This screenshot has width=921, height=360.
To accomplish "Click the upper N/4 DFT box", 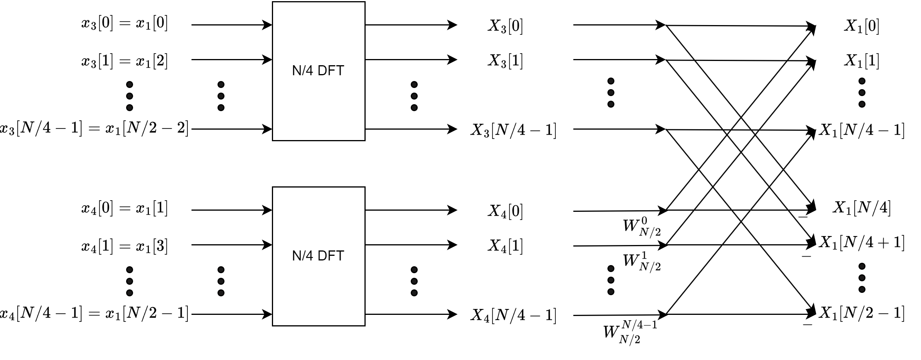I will pos(318,71).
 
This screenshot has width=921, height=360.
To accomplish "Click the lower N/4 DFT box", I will pos(318,256).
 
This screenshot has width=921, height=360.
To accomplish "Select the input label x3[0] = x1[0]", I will pos(125,24).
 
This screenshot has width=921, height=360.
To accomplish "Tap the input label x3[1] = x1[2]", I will pos(125,61).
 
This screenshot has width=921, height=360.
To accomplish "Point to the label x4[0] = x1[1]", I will pos(125,209).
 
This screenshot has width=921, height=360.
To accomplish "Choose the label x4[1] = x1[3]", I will pos(125,246).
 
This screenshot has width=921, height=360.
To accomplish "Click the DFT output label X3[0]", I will pos(505,26).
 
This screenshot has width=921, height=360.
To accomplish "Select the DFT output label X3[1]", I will pos(505,61).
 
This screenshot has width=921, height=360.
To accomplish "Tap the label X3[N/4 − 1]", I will pos(513,130).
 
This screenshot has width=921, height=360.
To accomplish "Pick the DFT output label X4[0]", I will pos(505,211).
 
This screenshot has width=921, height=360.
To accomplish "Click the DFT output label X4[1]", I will pos(505,246).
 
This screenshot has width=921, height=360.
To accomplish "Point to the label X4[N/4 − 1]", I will pos(513,316).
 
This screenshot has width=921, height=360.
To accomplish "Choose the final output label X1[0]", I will pos(862,26).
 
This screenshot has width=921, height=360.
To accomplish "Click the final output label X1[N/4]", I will pos(862,208).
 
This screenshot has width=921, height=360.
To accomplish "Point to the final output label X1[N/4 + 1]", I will pos(861,243).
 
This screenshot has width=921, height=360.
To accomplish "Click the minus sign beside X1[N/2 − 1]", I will pos(807,325).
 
